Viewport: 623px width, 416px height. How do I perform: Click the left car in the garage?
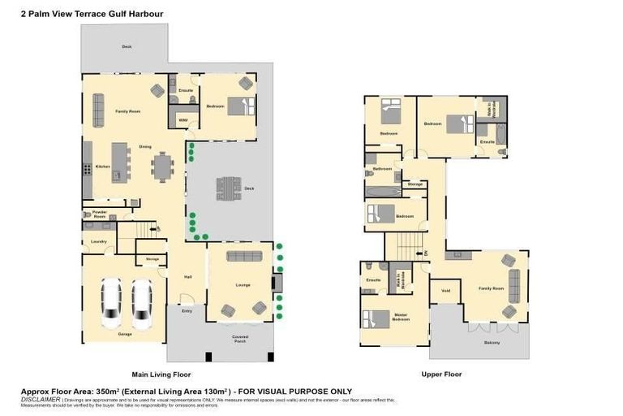111,303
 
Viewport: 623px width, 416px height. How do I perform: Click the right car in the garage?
142,303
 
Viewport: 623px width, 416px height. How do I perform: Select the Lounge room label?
243,285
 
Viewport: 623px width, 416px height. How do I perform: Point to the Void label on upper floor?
445,290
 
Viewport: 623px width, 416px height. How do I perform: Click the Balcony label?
492,342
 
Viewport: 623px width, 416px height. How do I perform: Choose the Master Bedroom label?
401,318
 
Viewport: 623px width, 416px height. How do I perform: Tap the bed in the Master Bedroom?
376,318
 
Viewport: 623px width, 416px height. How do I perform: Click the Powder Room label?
99,215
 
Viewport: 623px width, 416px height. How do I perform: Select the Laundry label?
99,241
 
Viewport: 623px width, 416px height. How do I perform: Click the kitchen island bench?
120,161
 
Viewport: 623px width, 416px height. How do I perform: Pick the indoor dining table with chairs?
162,167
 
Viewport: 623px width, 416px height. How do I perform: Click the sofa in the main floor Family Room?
98,110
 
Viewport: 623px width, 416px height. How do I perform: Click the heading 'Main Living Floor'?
161,375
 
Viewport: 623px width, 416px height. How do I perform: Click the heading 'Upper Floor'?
441,375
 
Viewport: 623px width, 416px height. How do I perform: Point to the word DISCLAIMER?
40,400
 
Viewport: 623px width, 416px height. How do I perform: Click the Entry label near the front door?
187,310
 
